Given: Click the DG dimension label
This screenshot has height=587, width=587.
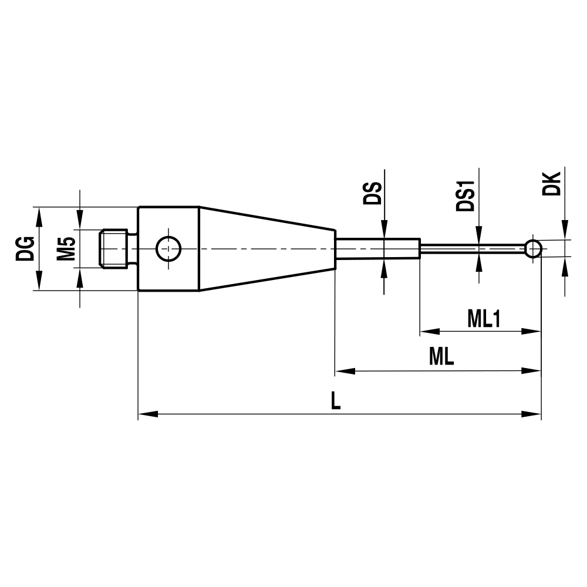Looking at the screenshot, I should click(x=24, y=248).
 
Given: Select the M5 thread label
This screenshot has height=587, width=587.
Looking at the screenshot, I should click(x=66, y=248).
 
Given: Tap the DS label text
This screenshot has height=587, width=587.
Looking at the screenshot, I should click(x=372, y=193).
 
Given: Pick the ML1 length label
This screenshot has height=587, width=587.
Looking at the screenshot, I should click(x=483, y=319).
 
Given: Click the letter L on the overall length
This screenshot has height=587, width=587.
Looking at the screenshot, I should click(x=335, y=402).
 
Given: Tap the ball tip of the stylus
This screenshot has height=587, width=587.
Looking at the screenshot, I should click(x=533, y=248).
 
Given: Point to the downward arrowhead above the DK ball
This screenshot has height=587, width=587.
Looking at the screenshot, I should click(x=565, y=231).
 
